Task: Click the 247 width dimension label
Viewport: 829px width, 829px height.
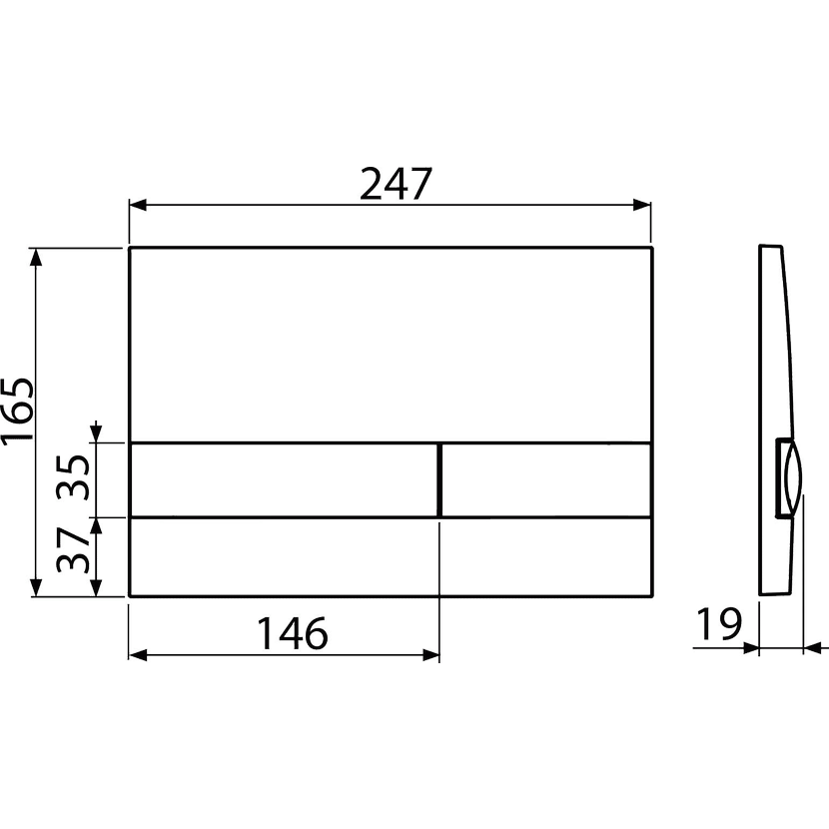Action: pyautogui.click(x=396, y=184)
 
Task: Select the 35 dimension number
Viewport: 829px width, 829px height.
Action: pyautogui.click(x=73, y=477)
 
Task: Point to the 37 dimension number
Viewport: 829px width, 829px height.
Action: pyautogui.click(x=73, y=550)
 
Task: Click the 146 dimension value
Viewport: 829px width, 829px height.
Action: pyautogui.click(x=292, y=633)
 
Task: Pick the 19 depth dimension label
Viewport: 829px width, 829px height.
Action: pyautogui.click(x=719, y=624)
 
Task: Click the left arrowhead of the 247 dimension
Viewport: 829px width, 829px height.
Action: pyautogui.click(x=138, y=205)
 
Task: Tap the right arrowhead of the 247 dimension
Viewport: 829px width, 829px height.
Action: pyautogui.click(x=642, y=205)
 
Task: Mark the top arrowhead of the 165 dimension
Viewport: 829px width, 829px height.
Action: pyautogui.click(x=36, y=257)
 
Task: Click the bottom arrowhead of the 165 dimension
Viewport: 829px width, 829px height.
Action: pyautogui.click(x=36, y=587)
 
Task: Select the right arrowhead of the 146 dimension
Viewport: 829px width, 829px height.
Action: pyautogui.click(x=430, y=655)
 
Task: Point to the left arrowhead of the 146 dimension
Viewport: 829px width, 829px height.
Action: pyautogui.click(x=138, y=655)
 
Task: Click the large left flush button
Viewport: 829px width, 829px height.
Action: pyautogui.click(x=284, y=479)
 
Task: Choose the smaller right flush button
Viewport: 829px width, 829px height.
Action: pyautogui.click(x=546, y=479)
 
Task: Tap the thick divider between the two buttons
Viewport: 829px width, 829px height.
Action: pyautogui.click(x=439, y=479)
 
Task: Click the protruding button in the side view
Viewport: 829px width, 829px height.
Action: pyautogui.click(x=789, y=477)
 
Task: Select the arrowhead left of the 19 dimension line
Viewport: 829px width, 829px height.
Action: pyautogui.click(x=751, y=647)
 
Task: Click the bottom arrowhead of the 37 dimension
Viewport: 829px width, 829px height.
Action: pyautogui.click(x=96, y=587)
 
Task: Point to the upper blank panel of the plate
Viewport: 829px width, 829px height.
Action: pyautogui.click(x=391, y=344)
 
